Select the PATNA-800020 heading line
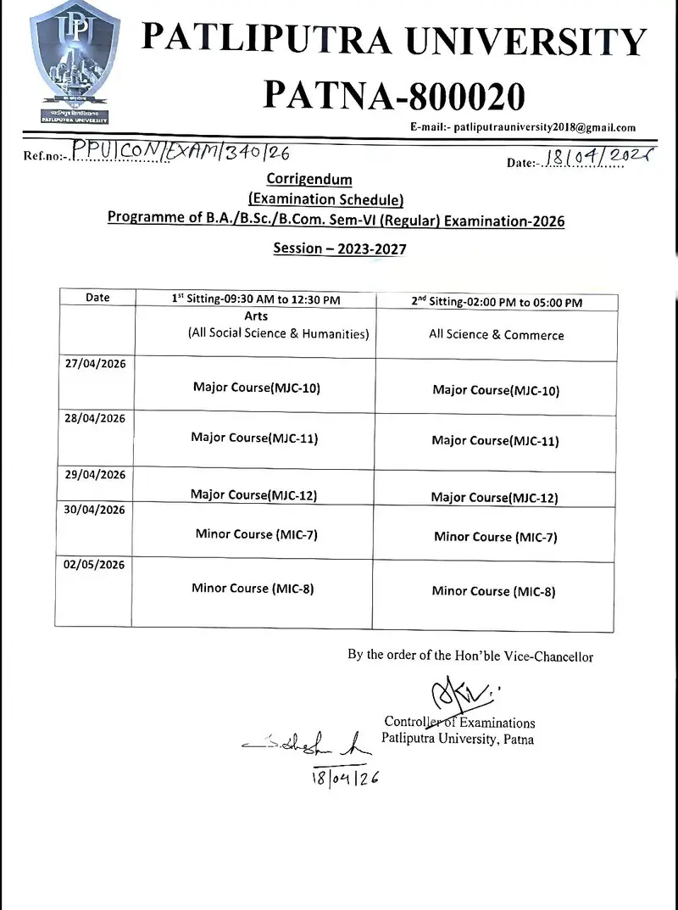[x=394, y=95]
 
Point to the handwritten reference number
[x=181, y=153]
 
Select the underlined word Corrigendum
[x=309, y=179]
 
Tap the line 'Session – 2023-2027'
[x=340, y=248]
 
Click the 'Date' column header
[x=97, y=298]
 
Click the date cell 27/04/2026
[x=95, y=363]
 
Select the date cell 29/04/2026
[x=95, y=475]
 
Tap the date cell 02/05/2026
[x=95, y=564]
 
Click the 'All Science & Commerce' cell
[x=496, y=335]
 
